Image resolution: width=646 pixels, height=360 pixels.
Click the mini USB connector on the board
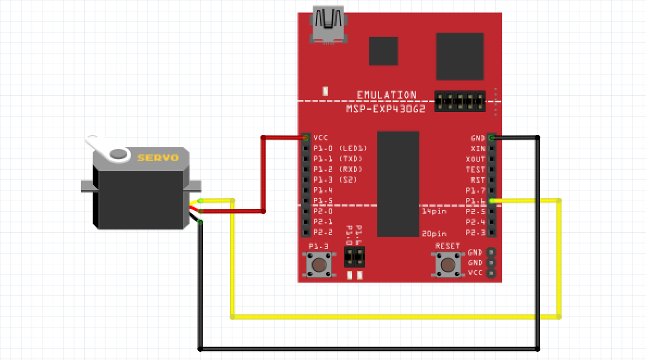click(x=329, y=24)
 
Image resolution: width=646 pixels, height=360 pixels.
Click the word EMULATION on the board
click(x=387, y=95)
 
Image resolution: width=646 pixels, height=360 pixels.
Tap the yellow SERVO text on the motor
click(x=158, y=158)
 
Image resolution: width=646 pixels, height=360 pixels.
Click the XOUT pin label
click(x=475, y=159)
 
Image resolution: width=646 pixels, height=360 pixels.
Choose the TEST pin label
click(x=475, y=170)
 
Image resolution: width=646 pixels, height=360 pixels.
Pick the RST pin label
click(x=477, y=180)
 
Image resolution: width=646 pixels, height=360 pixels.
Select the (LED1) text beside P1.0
click(x=353, y=148)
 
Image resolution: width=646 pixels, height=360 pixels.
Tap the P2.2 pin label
click(x=322, y=232)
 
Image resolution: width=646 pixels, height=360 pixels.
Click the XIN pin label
click(x=477, y=148)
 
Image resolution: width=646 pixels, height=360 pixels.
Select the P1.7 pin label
click(x=475, y=190)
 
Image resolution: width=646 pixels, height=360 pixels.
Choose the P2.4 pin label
click(x=475, y=222)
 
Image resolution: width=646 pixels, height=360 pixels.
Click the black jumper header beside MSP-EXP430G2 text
click(x=460, y=101)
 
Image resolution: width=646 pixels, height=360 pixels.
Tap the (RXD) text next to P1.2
click(x=351, y=169)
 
